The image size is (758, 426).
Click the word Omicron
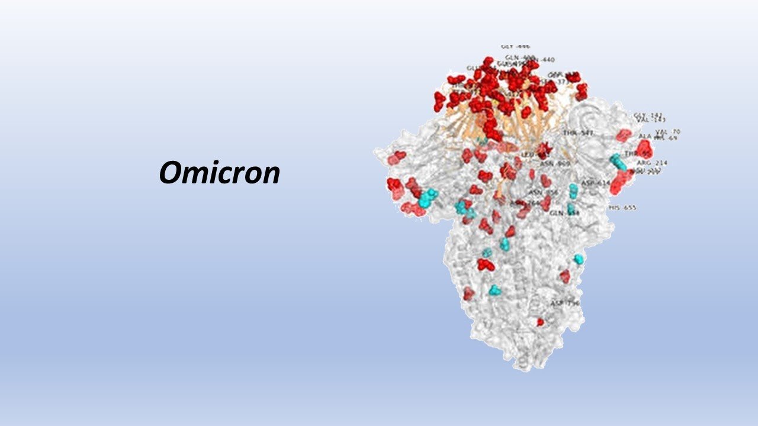tap(219, 173)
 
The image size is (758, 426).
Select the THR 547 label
tap(578, 133)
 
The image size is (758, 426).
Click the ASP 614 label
tap(595, 183)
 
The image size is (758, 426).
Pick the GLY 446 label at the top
tap(515, 46)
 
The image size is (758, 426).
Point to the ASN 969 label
tap(555, 163)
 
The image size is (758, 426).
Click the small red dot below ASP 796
tap(540, 322)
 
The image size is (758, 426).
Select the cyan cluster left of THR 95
tap(618, 160)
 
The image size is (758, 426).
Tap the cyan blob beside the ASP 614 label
tap(573, 190)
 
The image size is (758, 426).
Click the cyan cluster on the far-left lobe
tap(427, 197)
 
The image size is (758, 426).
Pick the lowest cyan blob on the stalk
tap(494, 290)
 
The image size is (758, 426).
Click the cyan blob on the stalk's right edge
tap(579, 259)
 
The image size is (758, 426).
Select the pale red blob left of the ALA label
tap(623, 135)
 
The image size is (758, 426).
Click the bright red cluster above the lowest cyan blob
tap(486, 264)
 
